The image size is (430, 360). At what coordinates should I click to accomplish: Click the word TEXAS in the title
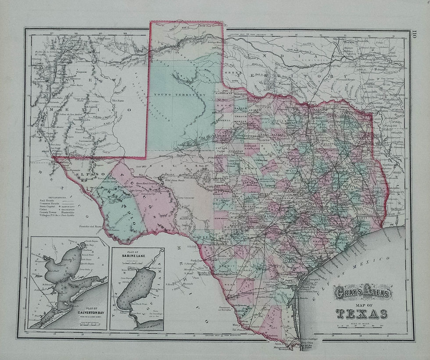[x=362, y=314]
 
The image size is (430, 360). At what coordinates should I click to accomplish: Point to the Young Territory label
[x=180, y=95]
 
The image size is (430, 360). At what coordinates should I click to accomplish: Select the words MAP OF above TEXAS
[x=362, y=305]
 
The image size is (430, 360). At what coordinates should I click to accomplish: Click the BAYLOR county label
[x=240, y=107]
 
